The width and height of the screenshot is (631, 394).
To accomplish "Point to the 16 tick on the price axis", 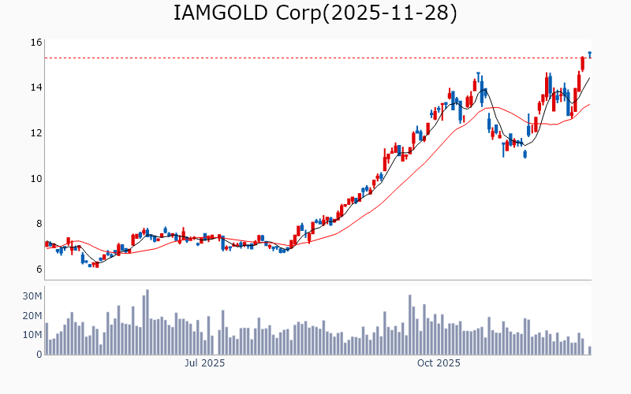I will [x=36, y=43].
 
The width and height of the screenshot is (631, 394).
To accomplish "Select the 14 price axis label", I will [x=36, y=87].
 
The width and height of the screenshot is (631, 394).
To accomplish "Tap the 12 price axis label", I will [x=36, y=133].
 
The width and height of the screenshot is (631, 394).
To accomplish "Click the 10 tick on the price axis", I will [x=36, y=179].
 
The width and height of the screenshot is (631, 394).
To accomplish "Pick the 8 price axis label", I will [x=36, y=224].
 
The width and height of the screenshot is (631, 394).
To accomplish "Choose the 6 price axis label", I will [x=36, y=269].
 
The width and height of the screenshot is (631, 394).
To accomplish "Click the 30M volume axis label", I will [x=32, y=296].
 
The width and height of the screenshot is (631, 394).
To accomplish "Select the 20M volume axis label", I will [x=32, y=316].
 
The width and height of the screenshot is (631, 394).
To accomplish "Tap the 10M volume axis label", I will [x=32, y=335].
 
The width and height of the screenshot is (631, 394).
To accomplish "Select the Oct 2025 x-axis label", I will [x=439, y=363].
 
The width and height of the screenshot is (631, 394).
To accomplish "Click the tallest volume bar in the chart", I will [x=147, y=322].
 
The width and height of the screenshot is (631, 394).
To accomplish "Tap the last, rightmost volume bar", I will [x=589, y=351].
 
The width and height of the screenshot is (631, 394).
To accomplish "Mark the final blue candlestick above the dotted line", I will [x=589, y=54].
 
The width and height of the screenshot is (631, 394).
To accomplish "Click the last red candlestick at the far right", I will [x=583, y=63].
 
